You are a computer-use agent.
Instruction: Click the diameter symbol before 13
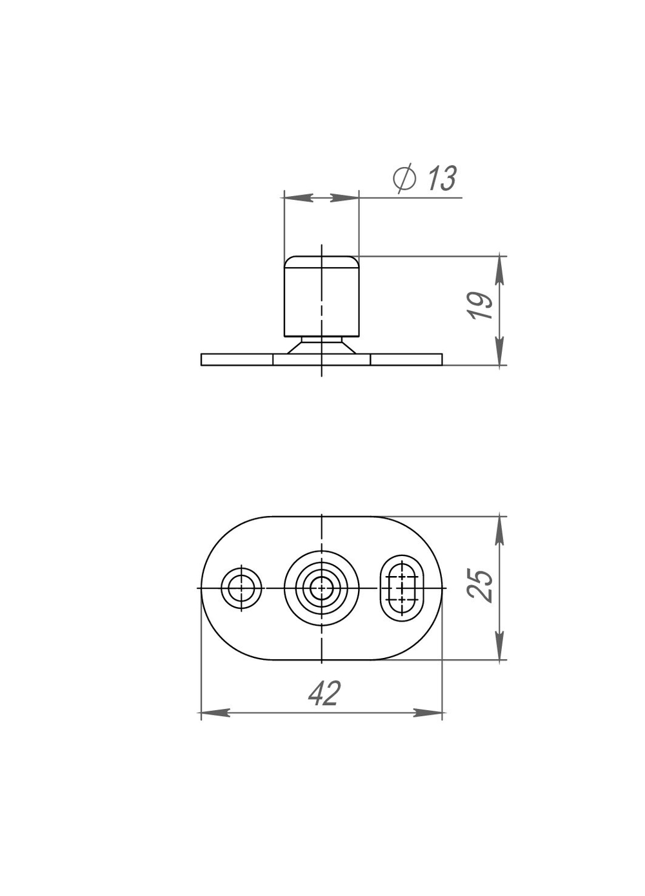click(x=404, y=178)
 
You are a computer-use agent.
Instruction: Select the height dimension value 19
click(x=481, y=306)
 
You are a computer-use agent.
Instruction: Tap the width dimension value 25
click(x=483, y=586)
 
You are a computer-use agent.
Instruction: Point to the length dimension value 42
click(x=323, y=694)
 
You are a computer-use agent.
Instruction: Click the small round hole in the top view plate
click(x=241, y=588)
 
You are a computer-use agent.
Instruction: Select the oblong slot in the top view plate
click(x=402, y=588)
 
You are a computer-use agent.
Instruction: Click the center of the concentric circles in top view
click(x=321, y=588)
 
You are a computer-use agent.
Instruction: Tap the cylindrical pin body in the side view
click(x=321, y=297)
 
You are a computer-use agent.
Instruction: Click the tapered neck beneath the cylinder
click(x=321, y=346)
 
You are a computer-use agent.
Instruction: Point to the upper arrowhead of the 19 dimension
click(x=500, y=268)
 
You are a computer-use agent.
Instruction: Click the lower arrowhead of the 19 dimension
click(x=500, y=353)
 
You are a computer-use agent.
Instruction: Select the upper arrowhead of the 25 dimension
click(x=500, y=528)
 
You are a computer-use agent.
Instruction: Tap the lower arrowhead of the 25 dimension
click(x=500, y=648)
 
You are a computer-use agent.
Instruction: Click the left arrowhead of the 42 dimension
click(x=213, y=713)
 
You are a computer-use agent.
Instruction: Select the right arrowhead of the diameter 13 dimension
click(x=344, y=197)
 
